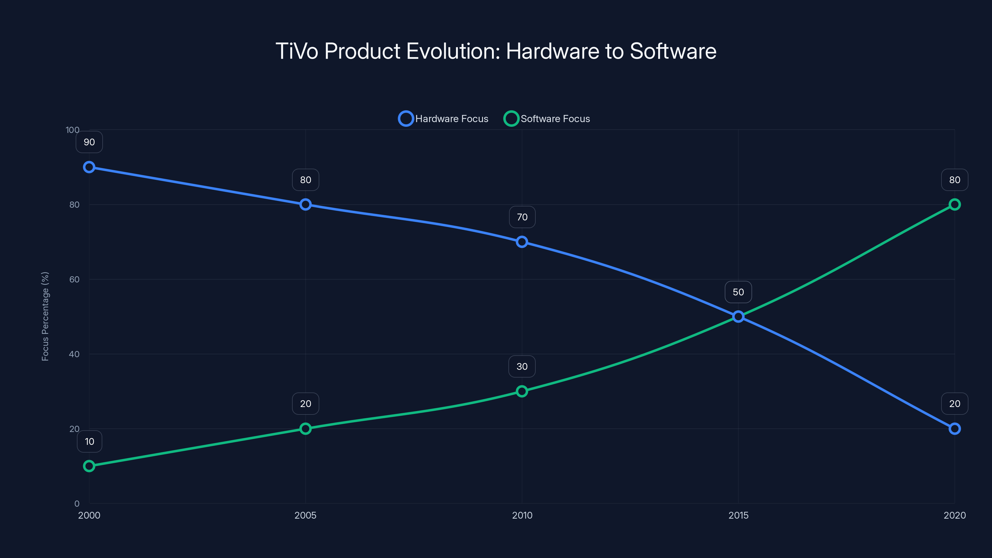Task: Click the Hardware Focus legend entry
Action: (x=443, y=119)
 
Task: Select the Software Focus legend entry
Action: (x=547, y=119)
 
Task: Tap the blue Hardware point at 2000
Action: (x=89, y=167)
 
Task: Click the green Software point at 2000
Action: (x=89, y=466)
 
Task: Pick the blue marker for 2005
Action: (x=305, y=205)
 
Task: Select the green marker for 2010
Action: (x=522, y=391)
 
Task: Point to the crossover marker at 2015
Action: (x=738, y=317)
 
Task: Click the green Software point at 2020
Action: (x=955, y=205)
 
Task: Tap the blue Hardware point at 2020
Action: (x=955, y=429)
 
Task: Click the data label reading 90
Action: (x=89, y=142)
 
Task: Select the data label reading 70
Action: (x=522, y=217)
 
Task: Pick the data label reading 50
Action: (x=738, y=292)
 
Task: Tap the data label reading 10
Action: (x=89, y=441)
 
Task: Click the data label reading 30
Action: (x=522, y=367)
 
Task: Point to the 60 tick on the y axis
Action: (x=74, y=279)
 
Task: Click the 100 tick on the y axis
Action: (x=73, y=130)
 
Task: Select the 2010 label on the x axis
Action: (x=522, y=515)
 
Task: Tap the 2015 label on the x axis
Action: (x=738, y=515)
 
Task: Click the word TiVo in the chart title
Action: (x=297, y=51)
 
